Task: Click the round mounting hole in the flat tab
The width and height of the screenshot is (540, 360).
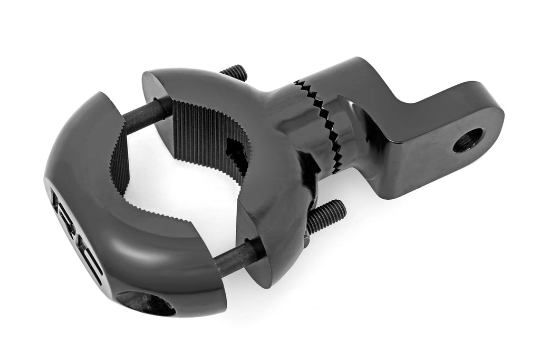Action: pyautogui.click(x=468, y=140)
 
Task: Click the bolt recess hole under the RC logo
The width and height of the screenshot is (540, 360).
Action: pyautogui.click(x=146, y=304)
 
